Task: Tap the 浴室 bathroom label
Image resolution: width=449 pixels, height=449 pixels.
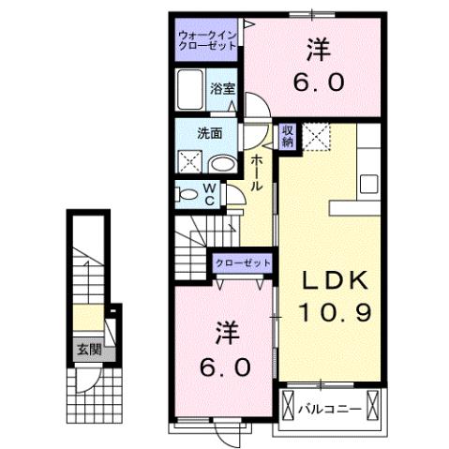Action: point(222,90)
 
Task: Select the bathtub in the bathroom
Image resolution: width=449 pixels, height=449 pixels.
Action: point(191,92)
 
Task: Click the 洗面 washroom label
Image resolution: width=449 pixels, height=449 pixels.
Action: point(208,133)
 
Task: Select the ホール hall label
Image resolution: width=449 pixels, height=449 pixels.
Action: point(255,174)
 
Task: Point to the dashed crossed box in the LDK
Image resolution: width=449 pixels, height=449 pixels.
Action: point(317,137)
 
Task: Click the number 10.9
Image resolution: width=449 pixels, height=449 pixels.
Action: point(335,313)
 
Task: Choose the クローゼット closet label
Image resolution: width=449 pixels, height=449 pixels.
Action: point(242,264)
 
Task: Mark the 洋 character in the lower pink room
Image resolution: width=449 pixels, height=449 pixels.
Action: point(226,332)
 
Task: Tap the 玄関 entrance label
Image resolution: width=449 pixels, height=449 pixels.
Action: point(89,351)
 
